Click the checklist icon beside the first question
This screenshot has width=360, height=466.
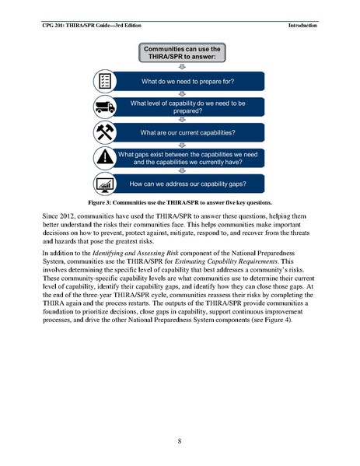(105, 81)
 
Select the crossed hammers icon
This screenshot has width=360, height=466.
(105, 131)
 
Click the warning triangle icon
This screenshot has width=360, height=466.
(105, 158)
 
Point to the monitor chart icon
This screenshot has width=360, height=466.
(105, 184)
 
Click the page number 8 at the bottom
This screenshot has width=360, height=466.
(180, 441)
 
